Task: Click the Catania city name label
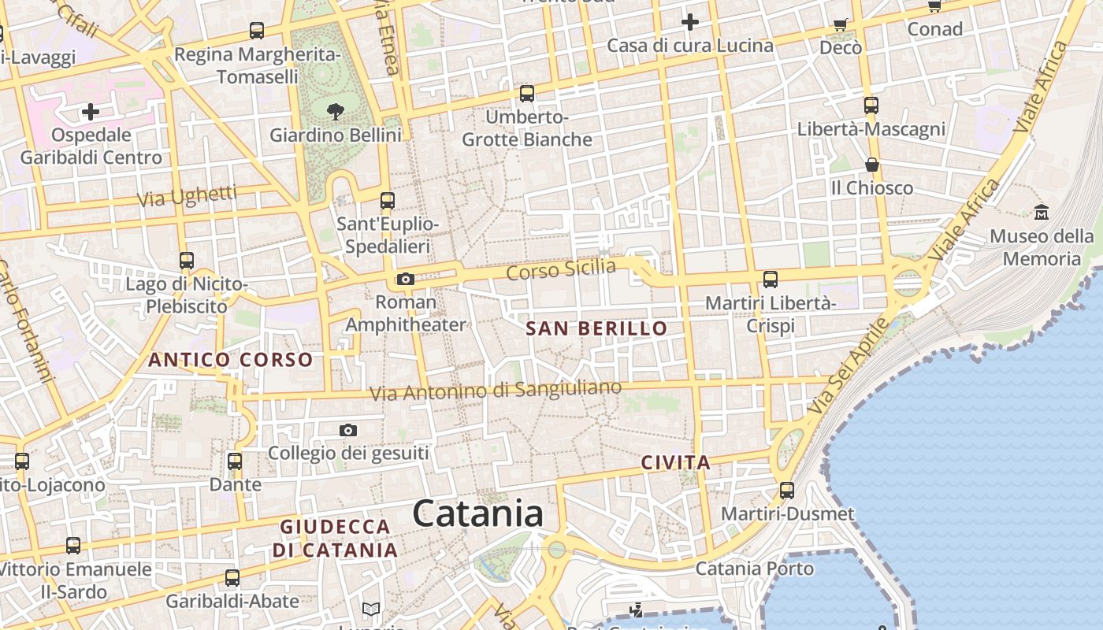477,514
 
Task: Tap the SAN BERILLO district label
596,328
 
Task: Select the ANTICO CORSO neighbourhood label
231,360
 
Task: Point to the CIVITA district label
676,462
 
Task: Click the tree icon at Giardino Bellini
335,111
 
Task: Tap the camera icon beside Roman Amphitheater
406,279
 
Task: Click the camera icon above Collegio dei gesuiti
348,430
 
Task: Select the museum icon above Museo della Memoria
1042,212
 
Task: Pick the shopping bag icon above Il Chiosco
872,165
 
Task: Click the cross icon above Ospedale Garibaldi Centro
91,112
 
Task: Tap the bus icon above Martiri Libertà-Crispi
771,279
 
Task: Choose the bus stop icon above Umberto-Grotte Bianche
527,94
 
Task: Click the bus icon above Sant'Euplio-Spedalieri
387,200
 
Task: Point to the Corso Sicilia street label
561,269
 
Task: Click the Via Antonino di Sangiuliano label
496,390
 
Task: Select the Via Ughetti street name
187,196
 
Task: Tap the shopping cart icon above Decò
841,24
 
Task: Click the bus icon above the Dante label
235,461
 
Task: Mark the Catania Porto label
755,569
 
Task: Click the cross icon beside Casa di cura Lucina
690,22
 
